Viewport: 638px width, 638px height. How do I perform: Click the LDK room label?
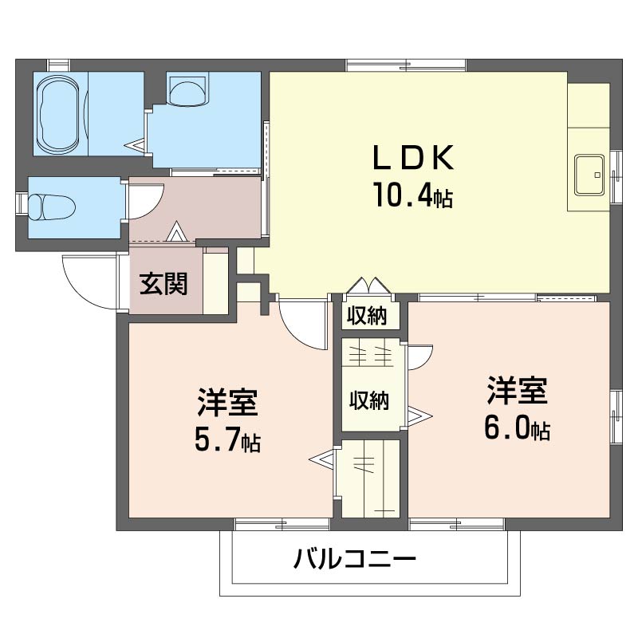tap(413, 157)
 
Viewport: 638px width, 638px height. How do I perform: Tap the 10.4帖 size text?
tap(413, 195)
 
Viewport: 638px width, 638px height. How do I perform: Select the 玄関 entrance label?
tap(163, 284)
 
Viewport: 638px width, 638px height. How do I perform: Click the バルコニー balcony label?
tap(355, 558)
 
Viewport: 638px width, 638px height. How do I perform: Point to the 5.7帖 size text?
tap(228, 440)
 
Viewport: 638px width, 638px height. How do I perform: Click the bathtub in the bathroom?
tap(57, 113)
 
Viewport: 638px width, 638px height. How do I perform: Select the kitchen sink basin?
tap(589, 175)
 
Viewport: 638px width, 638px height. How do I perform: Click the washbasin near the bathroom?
tap(187, 90)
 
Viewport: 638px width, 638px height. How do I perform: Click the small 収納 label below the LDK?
tap(368, 315)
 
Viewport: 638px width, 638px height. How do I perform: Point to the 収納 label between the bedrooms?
tap(369, 400)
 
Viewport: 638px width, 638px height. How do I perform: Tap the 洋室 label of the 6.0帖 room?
tap(517, 392)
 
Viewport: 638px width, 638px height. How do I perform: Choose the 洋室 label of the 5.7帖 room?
tap(227, 403)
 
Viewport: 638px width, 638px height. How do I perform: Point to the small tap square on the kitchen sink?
tap(597, 175)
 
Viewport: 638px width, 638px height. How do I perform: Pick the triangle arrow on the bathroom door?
tap(137, 145)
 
